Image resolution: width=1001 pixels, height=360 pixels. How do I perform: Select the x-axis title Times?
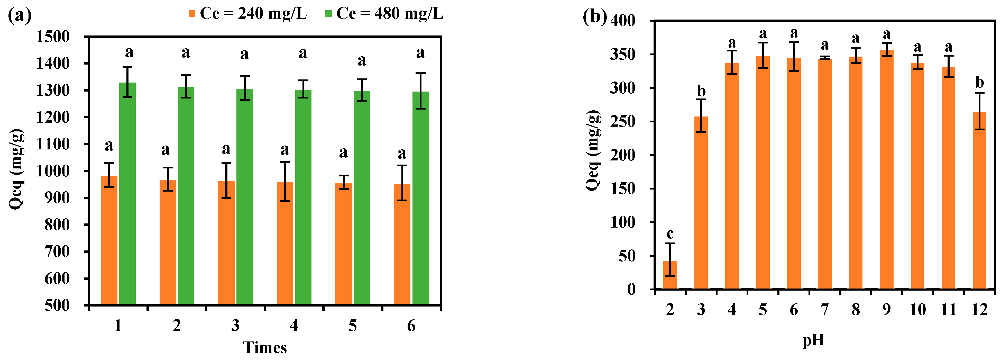tap(265, 347)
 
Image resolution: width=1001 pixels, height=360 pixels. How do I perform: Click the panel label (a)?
tap(20, 15)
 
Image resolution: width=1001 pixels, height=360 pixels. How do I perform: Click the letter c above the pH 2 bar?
tap(670, 234)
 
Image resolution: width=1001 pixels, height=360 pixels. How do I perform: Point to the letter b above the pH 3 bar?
tap(701, 91)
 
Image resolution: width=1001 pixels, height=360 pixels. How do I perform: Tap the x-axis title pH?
tap(813, 340)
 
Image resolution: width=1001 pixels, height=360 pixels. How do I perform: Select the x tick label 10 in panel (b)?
tap(917, 310)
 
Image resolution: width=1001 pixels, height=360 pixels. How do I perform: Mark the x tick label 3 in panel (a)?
tap(235, 326)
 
